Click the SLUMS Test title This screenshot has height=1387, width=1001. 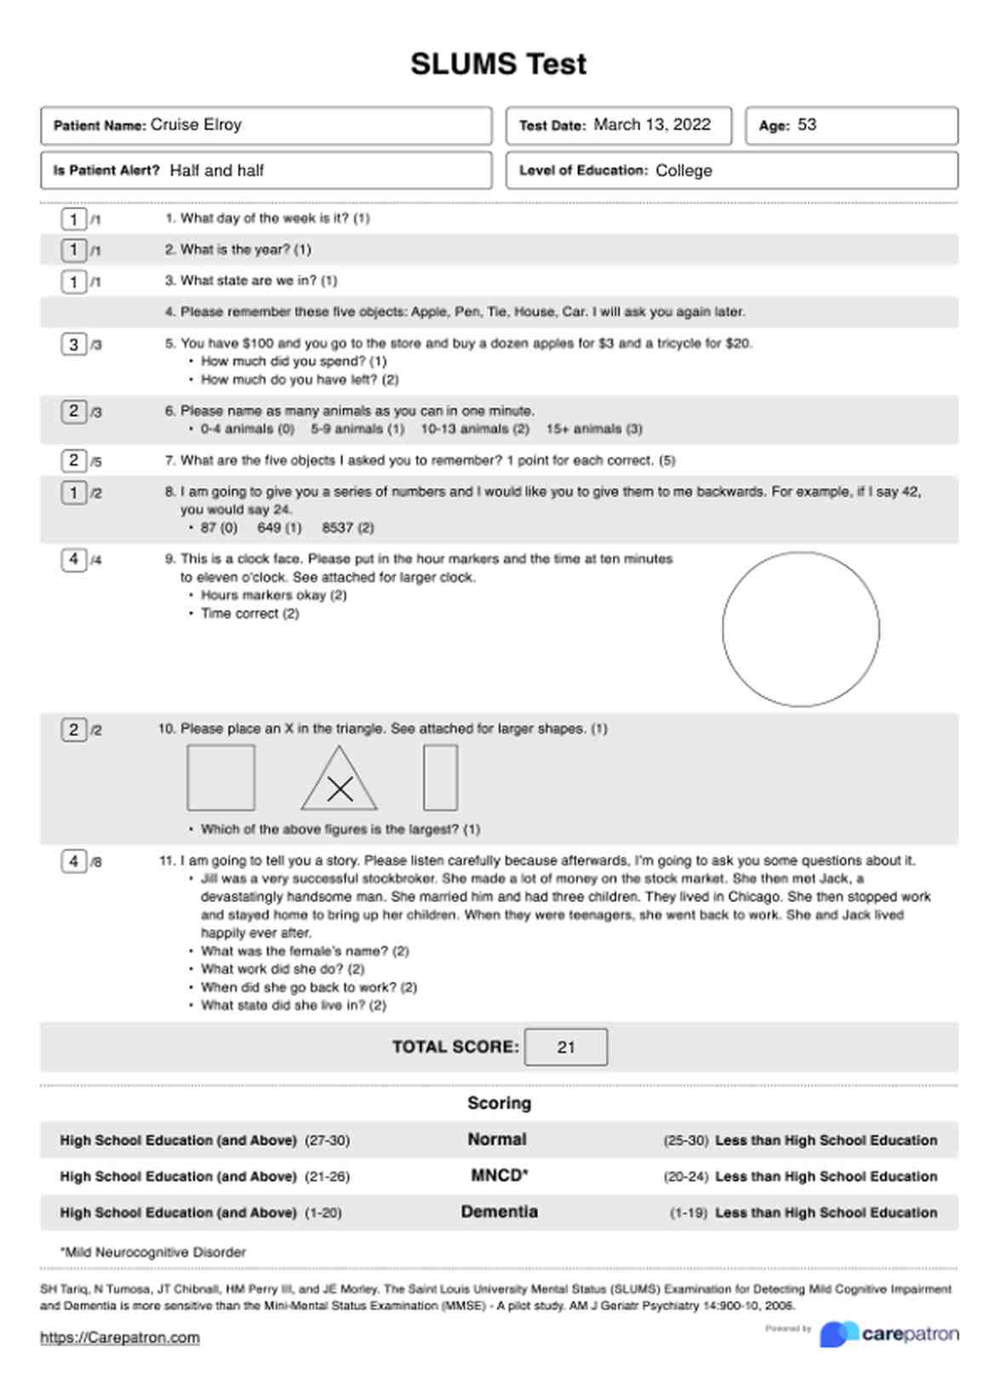tap(498, 65)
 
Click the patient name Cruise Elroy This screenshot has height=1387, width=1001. tap(196, 125)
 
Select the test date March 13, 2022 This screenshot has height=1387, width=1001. tap(651, 125)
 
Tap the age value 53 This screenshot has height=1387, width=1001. tap(806, 125)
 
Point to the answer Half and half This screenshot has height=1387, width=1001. tap(216, 170)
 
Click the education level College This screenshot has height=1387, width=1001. tap(684, 170)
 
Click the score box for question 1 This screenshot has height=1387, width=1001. tap(73, 220)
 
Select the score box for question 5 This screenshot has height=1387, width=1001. tap(73, 345)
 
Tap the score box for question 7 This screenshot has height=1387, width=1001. tap(73, 461)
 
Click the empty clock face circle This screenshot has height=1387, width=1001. tap(800, 629)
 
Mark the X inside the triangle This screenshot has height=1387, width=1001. tap(340, 789)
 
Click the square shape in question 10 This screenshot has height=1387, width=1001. tap(220, 777)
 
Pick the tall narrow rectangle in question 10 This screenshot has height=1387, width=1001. tap(440, 777)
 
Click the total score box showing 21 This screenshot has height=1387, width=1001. tap(566, 1047)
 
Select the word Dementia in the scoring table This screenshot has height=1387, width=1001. tap(499, 1212)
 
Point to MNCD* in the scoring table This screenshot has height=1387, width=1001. tap(499, 1176)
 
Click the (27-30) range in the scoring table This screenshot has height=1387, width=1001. tap(327, 1140)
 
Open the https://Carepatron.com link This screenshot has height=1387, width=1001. tap(120, 1338)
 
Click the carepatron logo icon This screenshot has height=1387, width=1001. tap(838, 1334)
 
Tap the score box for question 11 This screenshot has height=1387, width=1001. tap(73, 862)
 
